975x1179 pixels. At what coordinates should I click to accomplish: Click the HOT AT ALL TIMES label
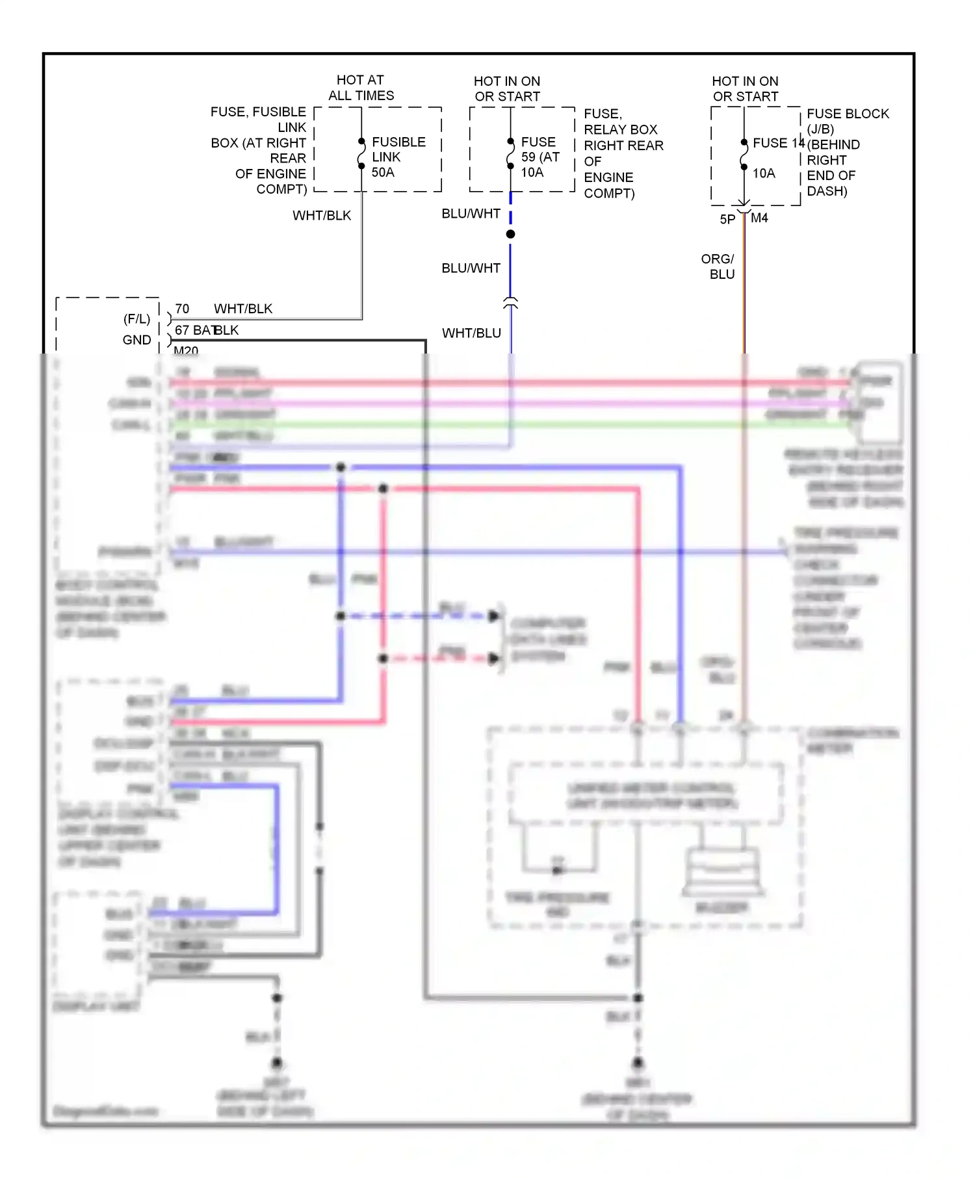(361, 88)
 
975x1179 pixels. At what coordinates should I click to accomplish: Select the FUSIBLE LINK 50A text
(398, 157)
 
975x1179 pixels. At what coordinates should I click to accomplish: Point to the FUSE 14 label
(778, 143)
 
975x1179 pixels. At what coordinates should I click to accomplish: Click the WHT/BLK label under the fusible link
(322, 215)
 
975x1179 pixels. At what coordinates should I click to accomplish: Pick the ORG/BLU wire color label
(718, 266)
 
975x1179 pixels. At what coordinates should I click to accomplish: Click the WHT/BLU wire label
(471, 333)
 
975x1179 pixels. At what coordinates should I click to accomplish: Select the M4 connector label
(759, 218)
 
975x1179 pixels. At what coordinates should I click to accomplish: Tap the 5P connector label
(727, 220)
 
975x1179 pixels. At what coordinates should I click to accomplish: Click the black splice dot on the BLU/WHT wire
(510, 234)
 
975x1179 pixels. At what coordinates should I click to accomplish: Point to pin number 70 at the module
(182, 309)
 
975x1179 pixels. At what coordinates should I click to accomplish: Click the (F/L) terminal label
(136, 319)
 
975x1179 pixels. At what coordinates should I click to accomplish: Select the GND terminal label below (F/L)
(136, 340)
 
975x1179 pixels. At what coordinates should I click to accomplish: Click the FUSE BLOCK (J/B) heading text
(847, 121)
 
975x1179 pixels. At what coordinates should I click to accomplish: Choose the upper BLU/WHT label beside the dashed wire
(471, 214)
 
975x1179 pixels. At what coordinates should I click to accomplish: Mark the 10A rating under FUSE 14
(764, 174)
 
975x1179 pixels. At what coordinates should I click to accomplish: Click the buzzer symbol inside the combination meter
(721, 871)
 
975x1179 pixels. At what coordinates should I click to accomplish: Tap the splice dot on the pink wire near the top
(383, 488)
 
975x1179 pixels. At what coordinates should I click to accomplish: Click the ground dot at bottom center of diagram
(638, 1063)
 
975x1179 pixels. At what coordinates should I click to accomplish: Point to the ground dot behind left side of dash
(277, 1063)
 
